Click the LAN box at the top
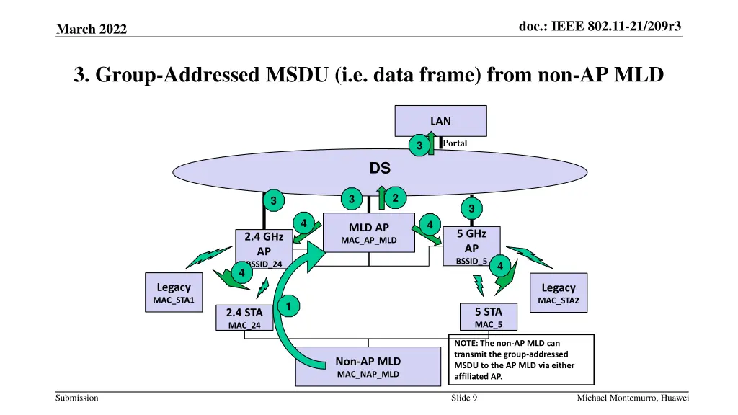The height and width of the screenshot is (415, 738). (440, 121)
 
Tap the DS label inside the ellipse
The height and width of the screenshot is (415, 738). (380, 169)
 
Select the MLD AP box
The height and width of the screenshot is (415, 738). (369, 233)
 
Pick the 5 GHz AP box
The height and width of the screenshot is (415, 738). (471, 246)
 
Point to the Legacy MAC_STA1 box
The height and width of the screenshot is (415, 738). (174, 293)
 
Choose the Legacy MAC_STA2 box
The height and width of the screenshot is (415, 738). (559, 293)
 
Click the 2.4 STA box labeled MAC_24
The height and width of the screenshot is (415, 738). (244, 318)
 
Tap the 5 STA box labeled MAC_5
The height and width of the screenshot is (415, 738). (488, 317)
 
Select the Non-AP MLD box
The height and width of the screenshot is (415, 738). (368, 366)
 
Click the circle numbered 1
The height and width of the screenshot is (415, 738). (287, 308)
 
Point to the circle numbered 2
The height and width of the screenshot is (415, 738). (396, 197)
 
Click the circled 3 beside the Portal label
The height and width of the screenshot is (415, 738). (417, 146)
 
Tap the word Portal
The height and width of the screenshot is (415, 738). (455, 143)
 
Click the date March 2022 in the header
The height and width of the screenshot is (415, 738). (91, 29)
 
